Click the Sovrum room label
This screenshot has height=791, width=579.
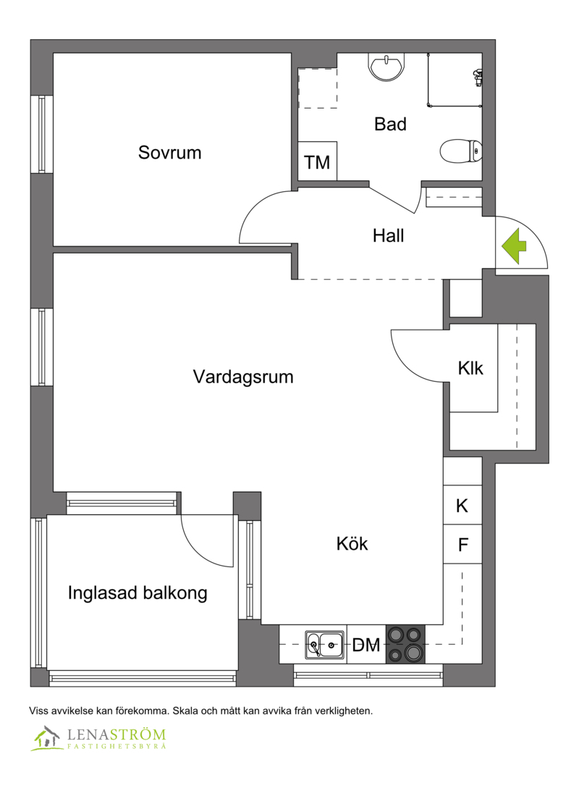point(169,152)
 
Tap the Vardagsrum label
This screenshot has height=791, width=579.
point(243,377)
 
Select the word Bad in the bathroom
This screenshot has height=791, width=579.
point(390,124)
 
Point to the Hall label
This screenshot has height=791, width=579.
point(388,235)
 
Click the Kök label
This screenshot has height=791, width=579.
point(352,543)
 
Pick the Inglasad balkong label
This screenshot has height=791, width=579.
point(138,593)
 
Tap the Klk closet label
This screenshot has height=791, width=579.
point(470,368)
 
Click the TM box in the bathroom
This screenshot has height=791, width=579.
point(318,162)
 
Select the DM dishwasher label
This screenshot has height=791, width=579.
point(365,645)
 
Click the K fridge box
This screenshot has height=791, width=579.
point(462,505)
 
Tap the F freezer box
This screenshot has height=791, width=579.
point(462,544)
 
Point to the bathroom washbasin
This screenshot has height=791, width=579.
point(386,67)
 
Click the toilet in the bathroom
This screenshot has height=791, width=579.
point(461,151)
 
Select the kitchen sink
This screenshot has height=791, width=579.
point(325,645)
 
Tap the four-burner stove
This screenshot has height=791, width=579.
point(405,644)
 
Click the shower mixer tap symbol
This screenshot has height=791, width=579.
point(478,78)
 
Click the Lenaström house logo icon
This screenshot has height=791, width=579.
point(46,738)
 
